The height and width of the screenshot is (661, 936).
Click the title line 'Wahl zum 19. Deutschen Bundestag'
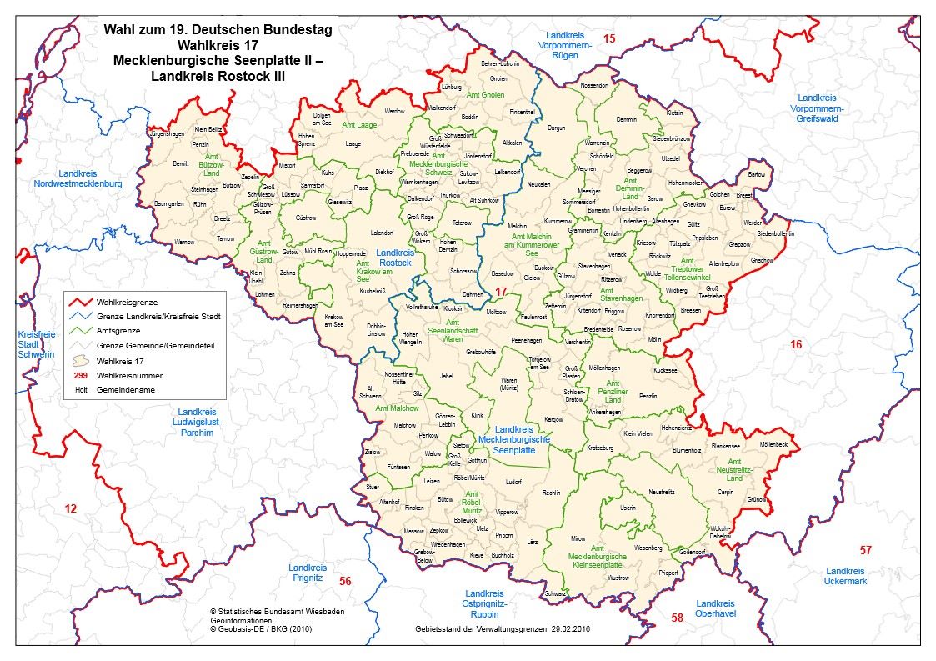(218, 28)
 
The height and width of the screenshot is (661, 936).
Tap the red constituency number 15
(609, 39)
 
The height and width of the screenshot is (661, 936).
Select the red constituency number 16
(796, 344)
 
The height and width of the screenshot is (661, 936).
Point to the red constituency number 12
(70, 508)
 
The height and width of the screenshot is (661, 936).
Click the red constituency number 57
(866, 550)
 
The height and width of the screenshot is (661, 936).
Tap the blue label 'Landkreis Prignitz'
(307, 571)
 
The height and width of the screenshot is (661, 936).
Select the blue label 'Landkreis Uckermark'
(846, 576)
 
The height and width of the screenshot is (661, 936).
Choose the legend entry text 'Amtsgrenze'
(119, 331)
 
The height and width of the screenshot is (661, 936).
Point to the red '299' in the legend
(81, 376)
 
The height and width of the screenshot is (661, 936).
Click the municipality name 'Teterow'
(461, 223)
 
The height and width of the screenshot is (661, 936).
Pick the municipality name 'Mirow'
(578, 540)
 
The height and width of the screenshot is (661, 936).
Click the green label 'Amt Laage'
(358, 124)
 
